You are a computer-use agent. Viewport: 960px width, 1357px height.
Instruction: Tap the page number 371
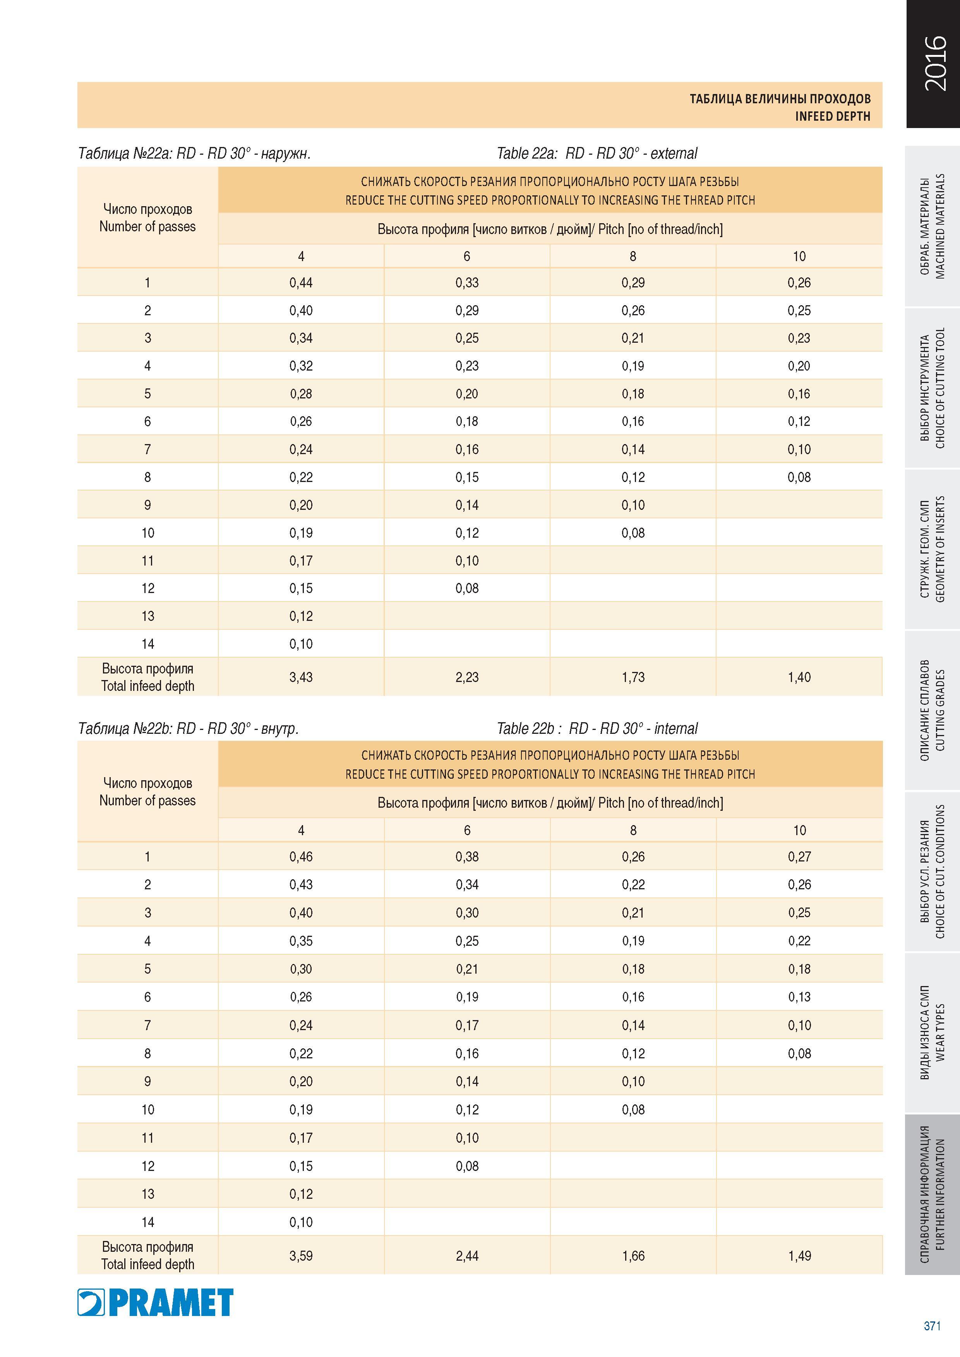[x=932, y=1326]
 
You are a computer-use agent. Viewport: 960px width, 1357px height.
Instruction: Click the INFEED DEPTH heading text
[x=832, y=116]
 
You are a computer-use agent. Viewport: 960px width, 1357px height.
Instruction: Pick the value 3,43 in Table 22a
[x=301, y=677]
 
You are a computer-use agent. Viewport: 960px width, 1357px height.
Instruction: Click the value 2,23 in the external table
[x=467, y=677]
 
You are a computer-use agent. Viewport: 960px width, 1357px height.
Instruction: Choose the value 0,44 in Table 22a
[x=301, y=282]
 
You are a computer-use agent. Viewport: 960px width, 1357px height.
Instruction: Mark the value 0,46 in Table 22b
[x=301, y=857]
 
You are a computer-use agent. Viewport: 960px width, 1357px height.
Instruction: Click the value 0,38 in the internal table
[x=467, y=857]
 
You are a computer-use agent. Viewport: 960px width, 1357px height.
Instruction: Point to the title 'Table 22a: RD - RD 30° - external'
[x=597, y=154]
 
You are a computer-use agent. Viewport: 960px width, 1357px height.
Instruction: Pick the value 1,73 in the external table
[x=633, y=677]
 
